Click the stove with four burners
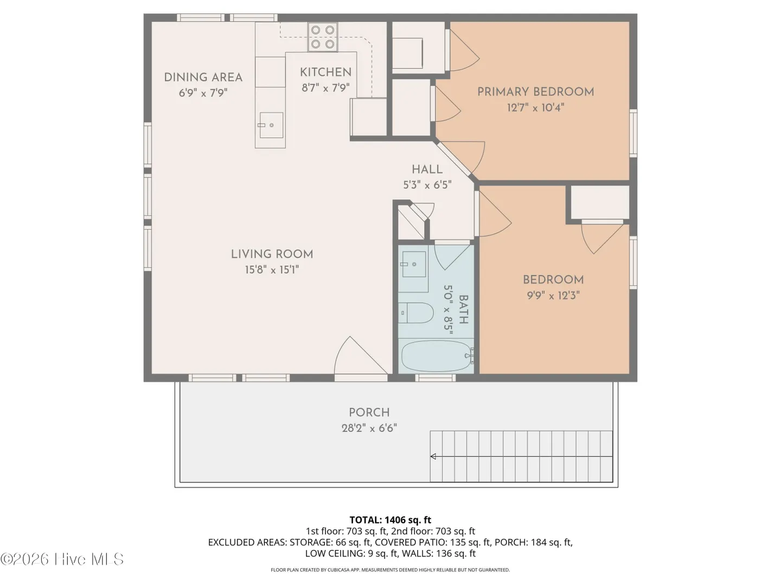click(323, 37)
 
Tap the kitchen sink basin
click(271, 125)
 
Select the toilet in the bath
click(415, 313)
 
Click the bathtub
click(437, 356)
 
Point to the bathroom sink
click(414, 264)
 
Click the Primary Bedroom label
click(535, 92)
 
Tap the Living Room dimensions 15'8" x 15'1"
click(272, 270)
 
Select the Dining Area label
click(203, 77)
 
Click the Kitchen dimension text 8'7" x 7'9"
click(325, 87)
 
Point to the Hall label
click(427, 169)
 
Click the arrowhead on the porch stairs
click(433, 456)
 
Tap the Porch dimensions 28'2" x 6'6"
click(369, 428)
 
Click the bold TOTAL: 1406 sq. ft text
click(390, 520)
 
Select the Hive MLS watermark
click(62, 559)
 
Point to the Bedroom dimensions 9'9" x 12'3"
click(553, 295)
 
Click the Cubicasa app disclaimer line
click(390, 570)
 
